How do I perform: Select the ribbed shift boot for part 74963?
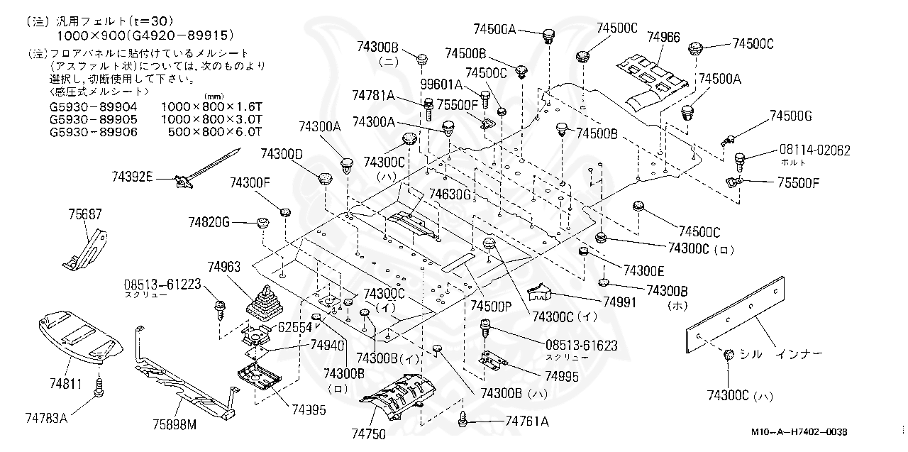pos(261,307)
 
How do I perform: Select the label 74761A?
pos(526,421)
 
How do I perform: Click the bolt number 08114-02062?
pos(815,150)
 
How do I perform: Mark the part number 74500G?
pos(791,115)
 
